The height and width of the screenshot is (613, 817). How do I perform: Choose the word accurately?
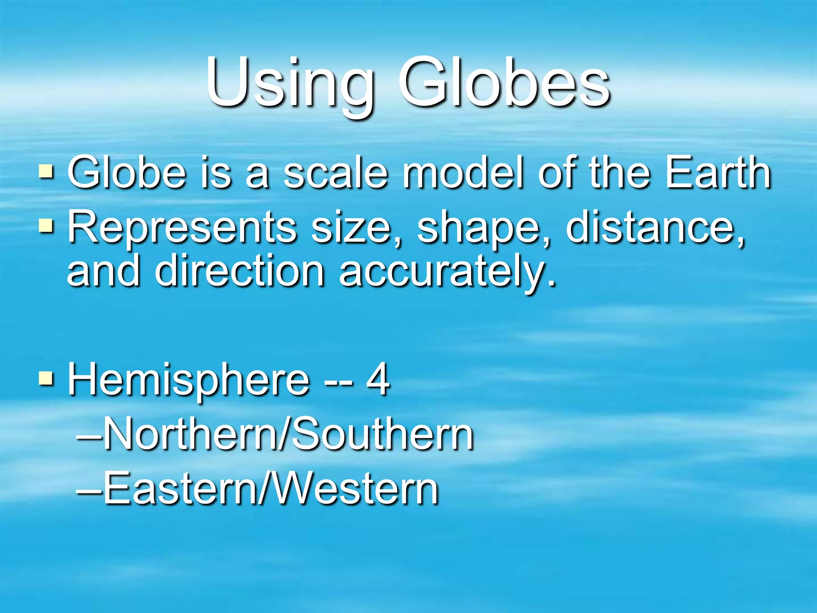pos(447,273)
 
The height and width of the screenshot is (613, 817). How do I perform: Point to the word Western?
pos(351,489)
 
